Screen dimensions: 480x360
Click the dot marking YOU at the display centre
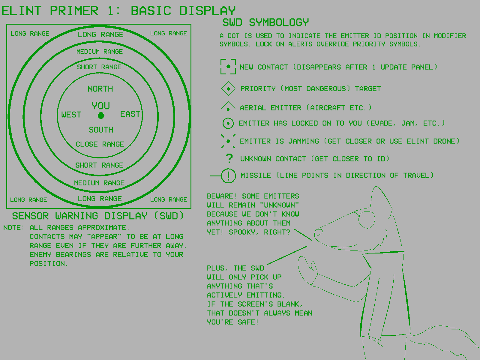coord(101,115)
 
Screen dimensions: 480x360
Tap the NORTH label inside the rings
coord(100,89)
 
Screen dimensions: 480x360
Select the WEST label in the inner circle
coord(71,115)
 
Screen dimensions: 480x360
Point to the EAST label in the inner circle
coord(130,114)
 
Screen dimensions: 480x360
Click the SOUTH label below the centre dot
coord(101,130)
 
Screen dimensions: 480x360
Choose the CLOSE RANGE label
coord(100,144)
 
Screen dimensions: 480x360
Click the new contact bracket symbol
coord(228,67)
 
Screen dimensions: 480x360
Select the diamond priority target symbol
coord(228,89)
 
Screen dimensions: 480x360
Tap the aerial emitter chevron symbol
coord(228,106)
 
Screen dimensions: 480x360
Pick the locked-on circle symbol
coord(228,123)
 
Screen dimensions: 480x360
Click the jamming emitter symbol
coord(228,141)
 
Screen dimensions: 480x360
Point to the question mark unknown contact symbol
coord(229,158)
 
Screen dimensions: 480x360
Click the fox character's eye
coord(367,220)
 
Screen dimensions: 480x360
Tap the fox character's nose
coord(318,232)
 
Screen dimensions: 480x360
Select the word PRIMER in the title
coord(74,11)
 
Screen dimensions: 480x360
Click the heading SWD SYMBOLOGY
coord(265,22)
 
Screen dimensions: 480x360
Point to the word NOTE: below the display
coord(13,228)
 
